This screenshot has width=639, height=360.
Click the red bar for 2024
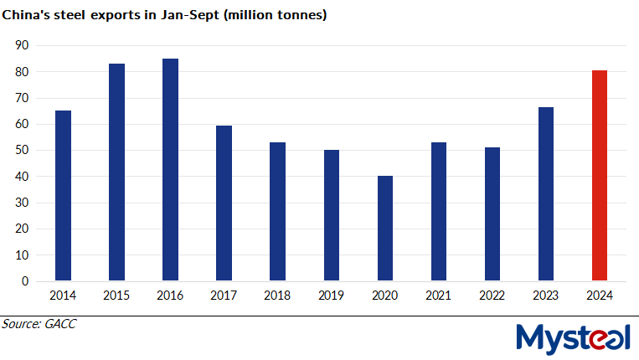[600, 176]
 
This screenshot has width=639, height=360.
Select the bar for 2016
[170, 169]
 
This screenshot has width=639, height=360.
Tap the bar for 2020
[384, 229]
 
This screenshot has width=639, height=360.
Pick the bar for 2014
[63, 195]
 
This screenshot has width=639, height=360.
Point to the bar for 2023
[546, 193]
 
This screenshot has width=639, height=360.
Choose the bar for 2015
[116, 172]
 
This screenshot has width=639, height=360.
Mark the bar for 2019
[331, 215]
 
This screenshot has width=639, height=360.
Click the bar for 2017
[224, 203]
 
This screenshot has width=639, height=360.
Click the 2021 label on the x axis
[438, 296]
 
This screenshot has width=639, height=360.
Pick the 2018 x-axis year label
[277, 296]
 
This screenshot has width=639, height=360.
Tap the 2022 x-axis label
[492, 296]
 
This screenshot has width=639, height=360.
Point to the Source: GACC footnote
[39, 324]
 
